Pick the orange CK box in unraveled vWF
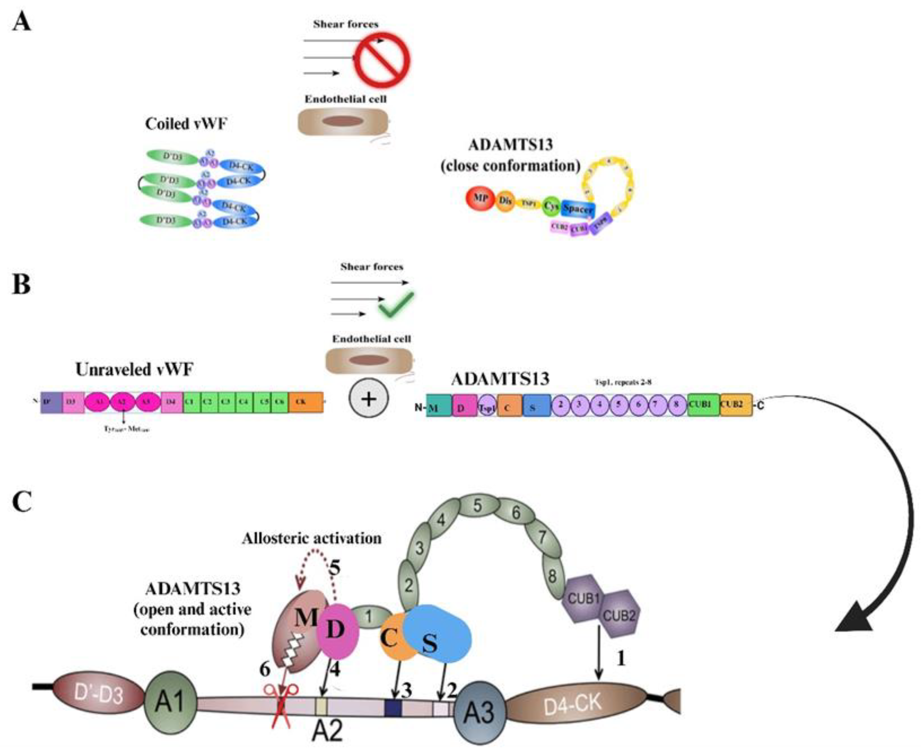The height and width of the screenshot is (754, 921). [x=306, y=402]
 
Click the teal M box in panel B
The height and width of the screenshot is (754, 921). [x=439, y=406]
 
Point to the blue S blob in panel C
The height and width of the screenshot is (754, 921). [x=438, y=635]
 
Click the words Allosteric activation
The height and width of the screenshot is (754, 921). [x=311, y=539]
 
